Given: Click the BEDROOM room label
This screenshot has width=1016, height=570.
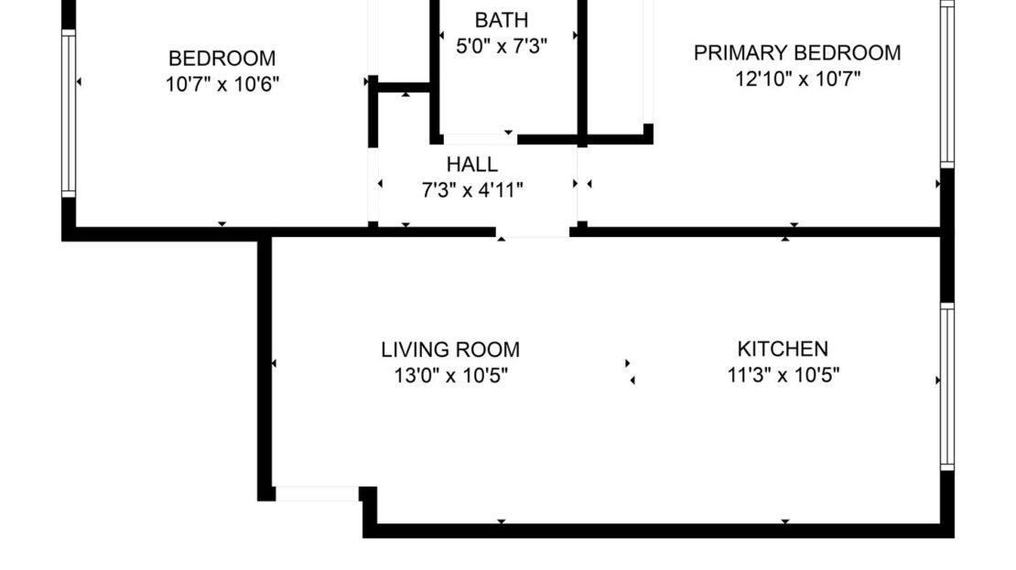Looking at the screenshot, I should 222,59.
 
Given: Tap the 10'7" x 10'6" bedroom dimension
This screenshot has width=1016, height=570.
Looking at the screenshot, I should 222,83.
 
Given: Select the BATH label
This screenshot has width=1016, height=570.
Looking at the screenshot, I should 501,20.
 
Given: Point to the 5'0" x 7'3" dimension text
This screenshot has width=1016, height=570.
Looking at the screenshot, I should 501,46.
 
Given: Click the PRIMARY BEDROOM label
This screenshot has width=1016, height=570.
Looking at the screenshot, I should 796,53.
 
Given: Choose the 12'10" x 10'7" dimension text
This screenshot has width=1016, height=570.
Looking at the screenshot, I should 796,79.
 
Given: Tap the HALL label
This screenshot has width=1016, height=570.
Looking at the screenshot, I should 472,165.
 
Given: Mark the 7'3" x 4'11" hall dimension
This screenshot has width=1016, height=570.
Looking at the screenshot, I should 472,190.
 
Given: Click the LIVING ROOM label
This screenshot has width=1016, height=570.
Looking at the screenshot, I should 450,350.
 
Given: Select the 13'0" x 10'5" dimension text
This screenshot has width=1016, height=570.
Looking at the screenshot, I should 450,375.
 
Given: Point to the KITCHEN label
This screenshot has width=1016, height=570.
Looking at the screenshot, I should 783,349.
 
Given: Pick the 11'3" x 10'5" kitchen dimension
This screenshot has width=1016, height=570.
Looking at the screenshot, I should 783,374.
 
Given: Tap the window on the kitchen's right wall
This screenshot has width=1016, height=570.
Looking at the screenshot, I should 947,388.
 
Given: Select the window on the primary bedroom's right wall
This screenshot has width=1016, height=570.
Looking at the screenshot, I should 947,82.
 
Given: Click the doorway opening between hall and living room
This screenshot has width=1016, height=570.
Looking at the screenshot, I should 533,232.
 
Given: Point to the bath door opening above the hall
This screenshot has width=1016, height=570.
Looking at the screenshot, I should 480,139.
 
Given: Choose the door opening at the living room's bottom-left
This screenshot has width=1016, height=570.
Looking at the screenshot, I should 317,494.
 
